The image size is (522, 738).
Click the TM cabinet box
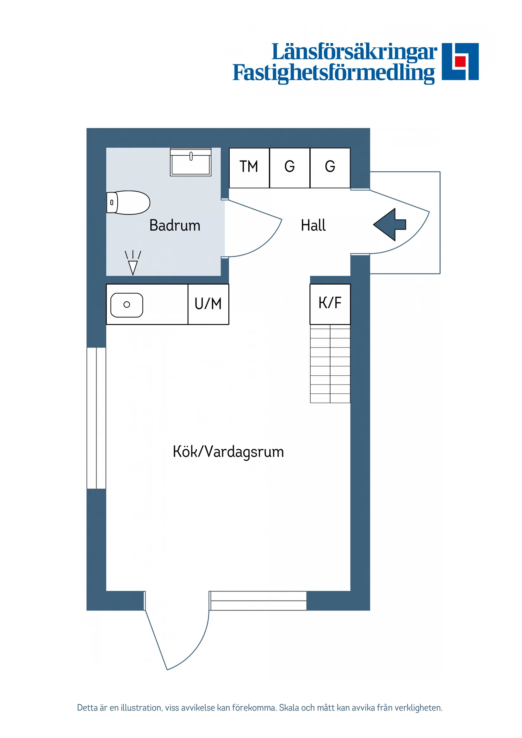(249, 168)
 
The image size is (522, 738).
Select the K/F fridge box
(330, 304)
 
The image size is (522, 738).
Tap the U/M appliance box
(208, 304)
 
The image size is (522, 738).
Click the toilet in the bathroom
(129, 202)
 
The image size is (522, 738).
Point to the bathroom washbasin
(190, 162)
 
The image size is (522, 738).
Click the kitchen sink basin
(127, 305)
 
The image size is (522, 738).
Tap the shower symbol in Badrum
(133, 263)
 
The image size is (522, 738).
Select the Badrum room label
(175, 225)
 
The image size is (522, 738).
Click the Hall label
(313, 225)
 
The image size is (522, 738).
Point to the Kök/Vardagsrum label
(228, 452)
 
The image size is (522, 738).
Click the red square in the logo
(460, 61)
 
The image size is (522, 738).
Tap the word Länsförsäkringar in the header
(354, 52)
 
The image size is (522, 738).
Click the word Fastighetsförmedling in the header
(333, 73)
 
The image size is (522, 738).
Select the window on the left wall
(96, 418)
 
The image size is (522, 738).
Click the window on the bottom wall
(258, 600)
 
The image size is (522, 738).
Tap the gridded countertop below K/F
(330, 364)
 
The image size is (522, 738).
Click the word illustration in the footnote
(141, 708)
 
